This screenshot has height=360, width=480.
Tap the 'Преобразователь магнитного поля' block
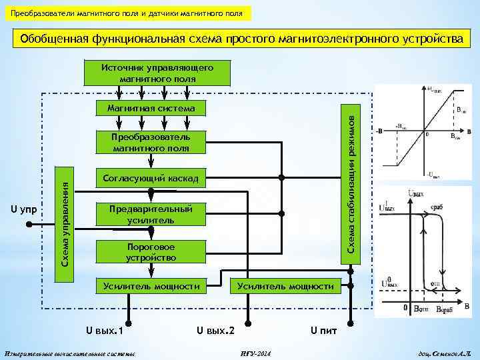coord(152,143)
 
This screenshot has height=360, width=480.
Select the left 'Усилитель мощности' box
coord(152,286)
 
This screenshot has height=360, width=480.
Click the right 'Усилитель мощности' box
coord(285,286)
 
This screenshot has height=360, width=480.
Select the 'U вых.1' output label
coord(107,330)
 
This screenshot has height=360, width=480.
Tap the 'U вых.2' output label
coord(215,330)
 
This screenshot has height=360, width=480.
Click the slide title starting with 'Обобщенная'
coord(241,39)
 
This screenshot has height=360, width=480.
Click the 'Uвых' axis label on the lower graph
coord(415,193)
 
